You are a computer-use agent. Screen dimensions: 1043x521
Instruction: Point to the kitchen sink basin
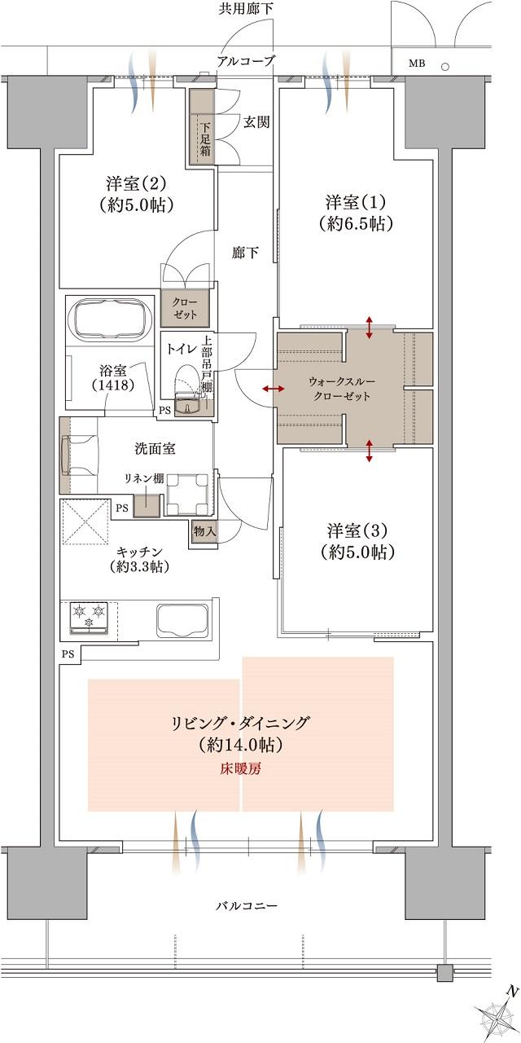coord(180,620)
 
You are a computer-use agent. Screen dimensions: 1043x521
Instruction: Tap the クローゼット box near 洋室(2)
coord(190,308)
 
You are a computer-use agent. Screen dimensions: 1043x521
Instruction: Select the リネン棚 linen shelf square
coord(147,502)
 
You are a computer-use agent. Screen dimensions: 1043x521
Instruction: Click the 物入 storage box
coord(204,531)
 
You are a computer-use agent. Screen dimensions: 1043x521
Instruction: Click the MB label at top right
coord(415,64)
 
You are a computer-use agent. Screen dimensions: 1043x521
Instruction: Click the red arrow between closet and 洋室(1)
coord(370,327)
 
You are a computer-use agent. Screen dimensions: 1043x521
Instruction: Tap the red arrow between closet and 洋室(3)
coord(370,451)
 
